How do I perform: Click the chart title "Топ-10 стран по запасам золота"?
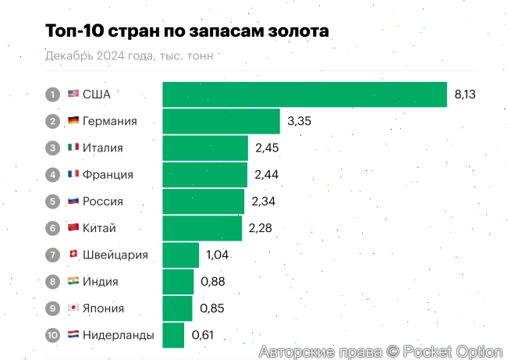point(187,30)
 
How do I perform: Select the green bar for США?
point(304,94)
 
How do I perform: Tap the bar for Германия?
point(221,121)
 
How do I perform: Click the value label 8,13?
point(465,94)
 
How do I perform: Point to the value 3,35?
point(299,121)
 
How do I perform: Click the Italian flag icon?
point(73,148)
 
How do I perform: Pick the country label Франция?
point(108,174)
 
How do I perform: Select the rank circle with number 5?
point(53,201)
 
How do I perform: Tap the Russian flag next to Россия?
point(73,201)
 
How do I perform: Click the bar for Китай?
point(202,228)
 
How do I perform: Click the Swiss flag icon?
point(73,255)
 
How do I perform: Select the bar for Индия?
point(178,281)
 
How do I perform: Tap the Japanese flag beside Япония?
point(73,308)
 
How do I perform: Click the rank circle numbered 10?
point(53,335)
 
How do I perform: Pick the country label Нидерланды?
point(118,335)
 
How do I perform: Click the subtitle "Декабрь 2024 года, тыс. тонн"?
point(129,55)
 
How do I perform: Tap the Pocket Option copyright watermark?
point(380,351)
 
